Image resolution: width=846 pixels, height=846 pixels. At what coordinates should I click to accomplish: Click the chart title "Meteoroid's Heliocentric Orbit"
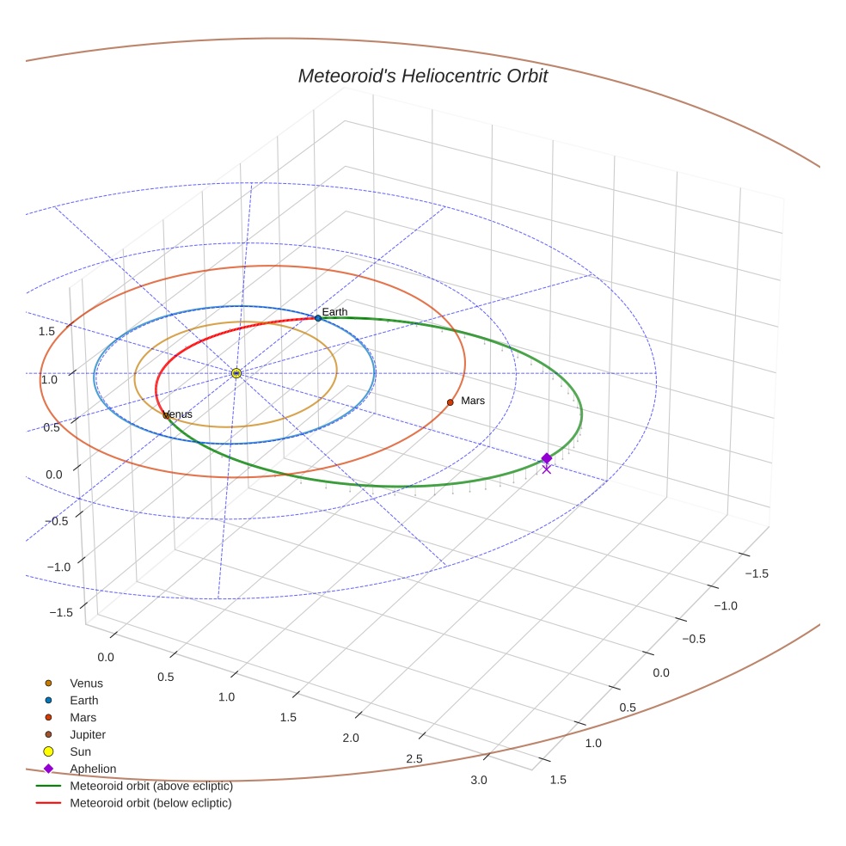(422, 76)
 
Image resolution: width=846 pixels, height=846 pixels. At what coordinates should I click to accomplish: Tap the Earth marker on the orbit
(318, 318)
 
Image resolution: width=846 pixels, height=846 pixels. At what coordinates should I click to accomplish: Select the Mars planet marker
(450, 402)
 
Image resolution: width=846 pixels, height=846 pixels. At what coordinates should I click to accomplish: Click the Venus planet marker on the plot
(166, 415)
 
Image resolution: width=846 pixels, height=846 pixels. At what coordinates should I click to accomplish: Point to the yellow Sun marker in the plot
(236, 373)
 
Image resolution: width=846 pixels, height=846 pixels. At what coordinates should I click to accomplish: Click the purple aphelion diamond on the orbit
(546, 458)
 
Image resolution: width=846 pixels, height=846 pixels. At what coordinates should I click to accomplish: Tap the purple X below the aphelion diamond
(546, 469)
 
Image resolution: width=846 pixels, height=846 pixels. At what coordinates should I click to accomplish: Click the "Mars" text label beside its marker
(473, 401)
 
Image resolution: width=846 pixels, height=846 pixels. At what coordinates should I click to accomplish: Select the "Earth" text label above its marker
(335, 311)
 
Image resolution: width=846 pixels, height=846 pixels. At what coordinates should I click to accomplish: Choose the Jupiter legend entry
(87, 734)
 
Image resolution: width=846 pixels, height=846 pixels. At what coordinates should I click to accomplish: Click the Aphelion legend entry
(92, 769)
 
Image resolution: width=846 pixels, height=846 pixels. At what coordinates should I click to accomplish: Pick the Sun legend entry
(80, 751)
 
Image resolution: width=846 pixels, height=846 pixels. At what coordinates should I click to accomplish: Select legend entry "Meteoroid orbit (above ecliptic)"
(150, 786)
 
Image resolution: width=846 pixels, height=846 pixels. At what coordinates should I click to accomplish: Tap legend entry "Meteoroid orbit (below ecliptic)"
(150, 803)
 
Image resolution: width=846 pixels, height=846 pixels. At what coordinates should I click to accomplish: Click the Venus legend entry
(86, 684)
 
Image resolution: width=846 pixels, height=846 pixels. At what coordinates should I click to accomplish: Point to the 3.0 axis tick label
(479, 780)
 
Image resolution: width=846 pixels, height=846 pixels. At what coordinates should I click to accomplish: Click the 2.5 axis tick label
(414, 758)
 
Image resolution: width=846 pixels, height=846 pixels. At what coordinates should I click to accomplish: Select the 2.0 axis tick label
(351, 738)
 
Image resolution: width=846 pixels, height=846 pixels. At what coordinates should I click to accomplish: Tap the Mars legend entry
(83, 717)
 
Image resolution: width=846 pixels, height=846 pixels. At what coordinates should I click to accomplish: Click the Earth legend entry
(83, 701)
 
